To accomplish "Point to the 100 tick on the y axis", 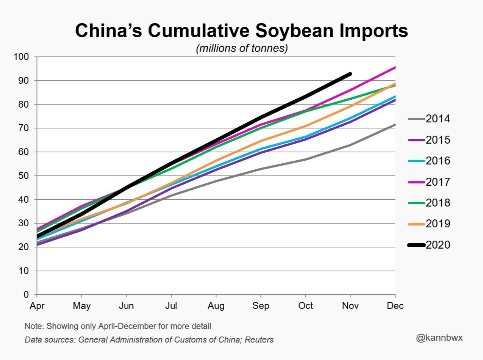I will (21, 57).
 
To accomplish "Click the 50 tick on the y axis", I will (23, 176).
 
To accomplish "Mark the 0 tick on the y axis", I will (26, 295).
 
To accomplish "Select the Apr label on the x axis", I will (37, 306).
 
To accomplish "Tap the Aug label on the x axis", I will (216, 306).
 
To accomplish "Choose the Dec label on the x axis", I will (395, 306).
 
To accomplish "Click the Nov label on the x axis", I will (350, 306).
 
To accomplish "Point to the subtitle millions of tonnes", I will (242, 49).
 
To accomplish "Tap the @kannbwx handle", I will (439, 337).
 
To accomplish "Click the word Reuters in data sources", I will (259, 340).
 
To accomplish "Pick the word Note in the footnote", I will (32, 326).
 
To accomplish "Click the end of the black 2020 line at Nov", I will (350, 74).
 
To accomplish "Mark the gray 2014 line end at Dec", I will (395, 125).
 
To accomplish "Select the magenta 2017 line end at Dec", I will (395, 67).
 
